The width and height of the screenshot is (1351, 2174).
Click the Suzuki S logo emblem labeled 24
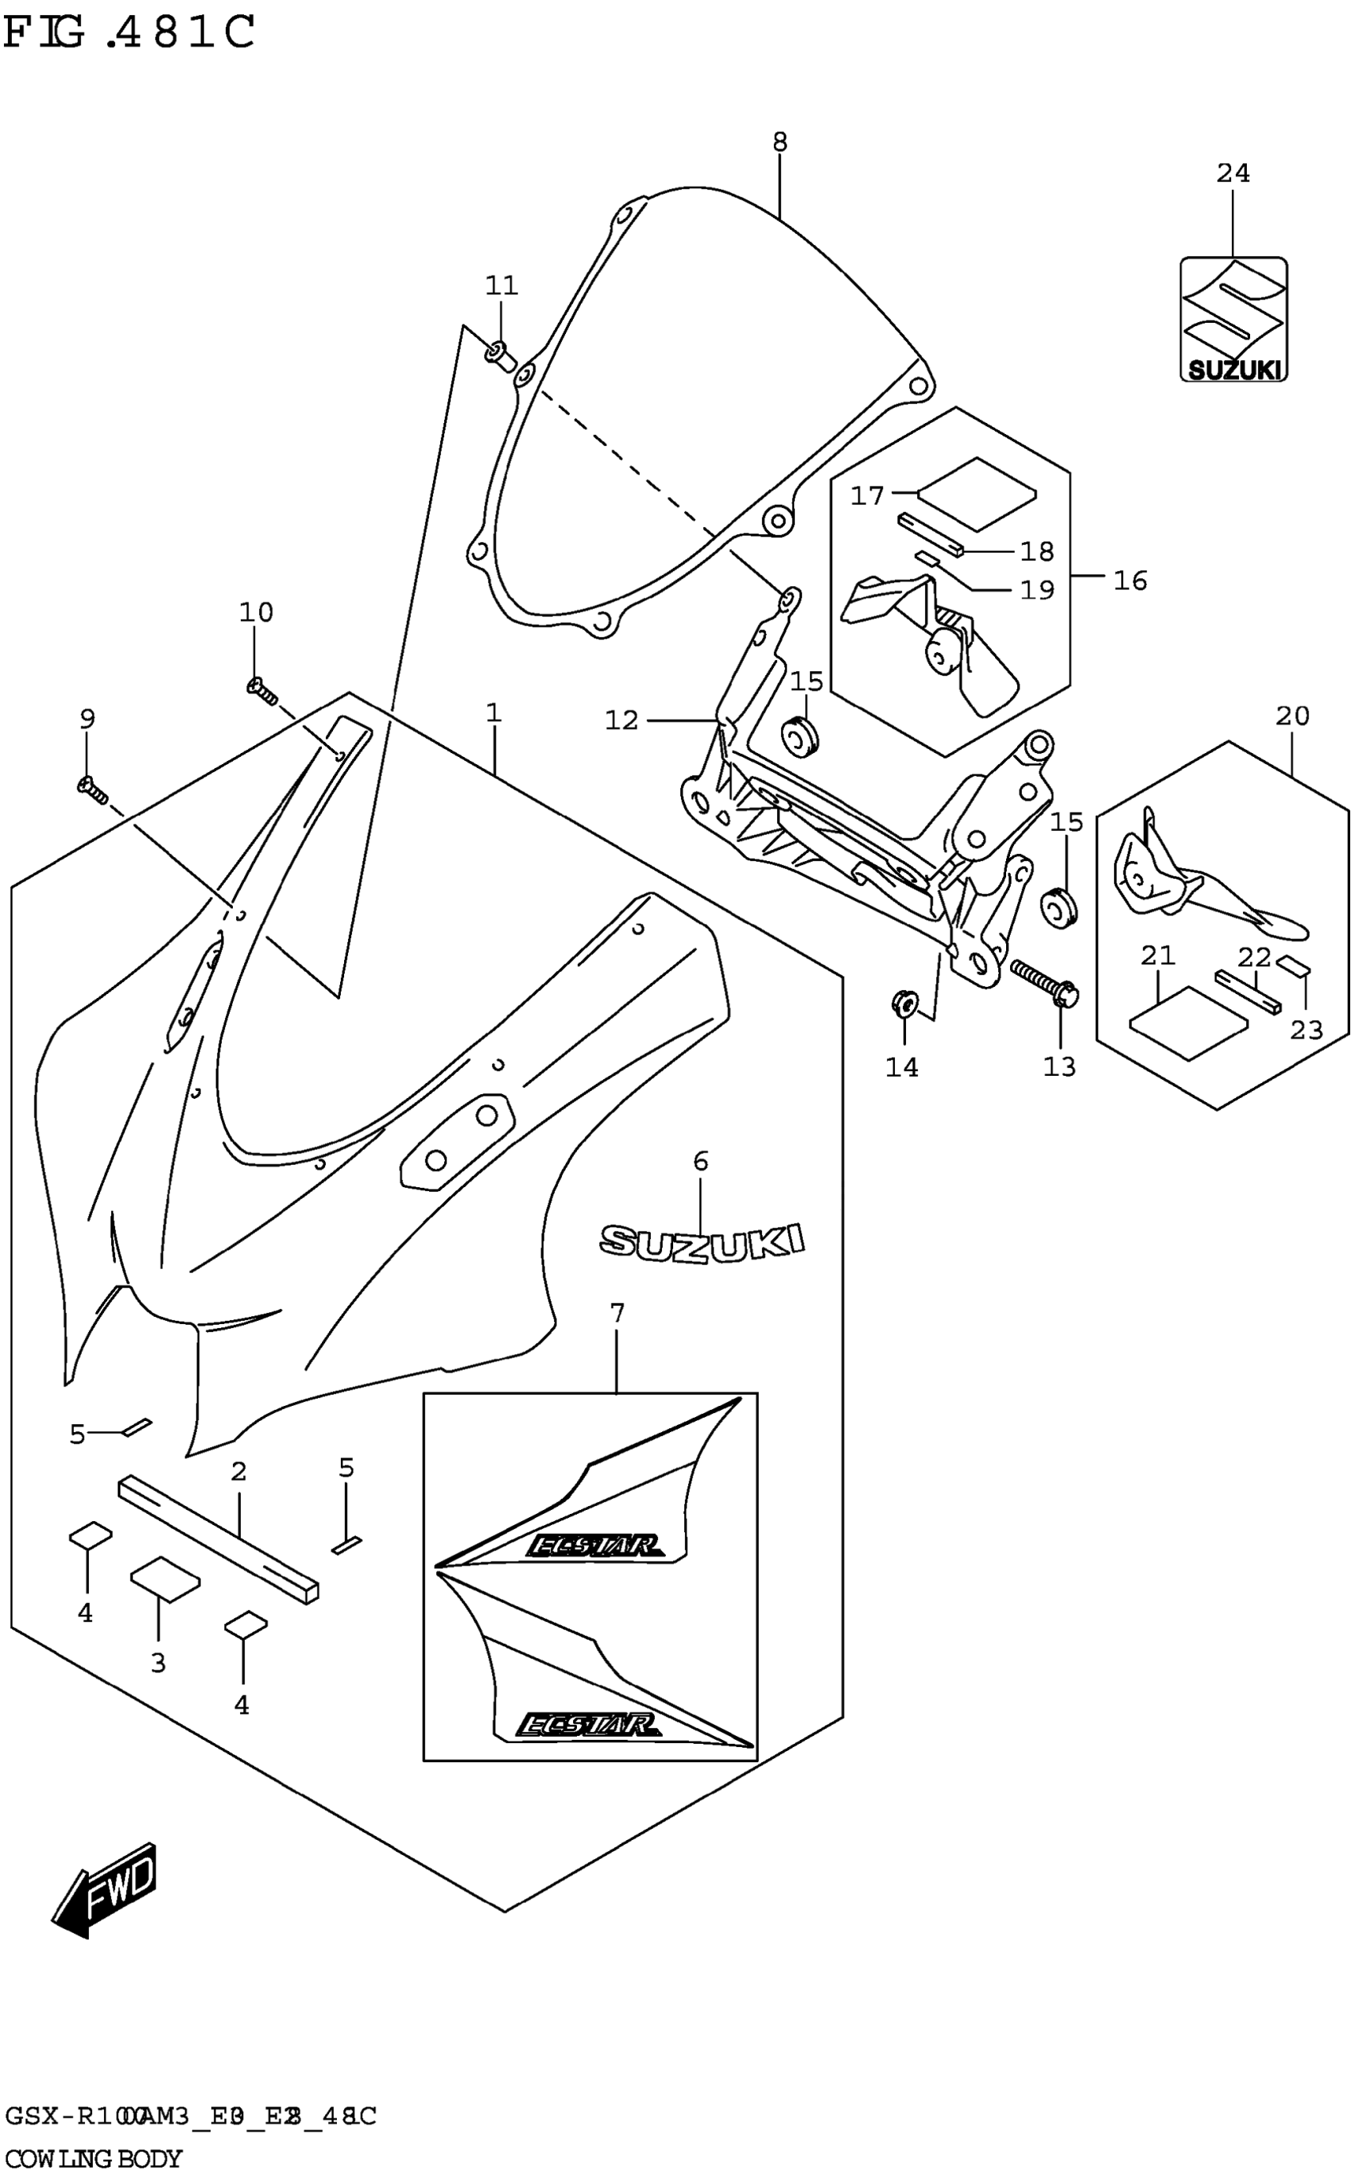pos(1233,319)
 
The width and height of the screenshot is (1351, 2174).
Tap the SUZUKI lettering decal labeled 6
pos(702,1241)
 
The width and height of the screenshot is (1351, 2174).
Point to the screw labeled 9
pos(93,790)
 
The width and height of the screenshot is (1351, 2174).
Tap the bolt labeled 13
pos(1045,981)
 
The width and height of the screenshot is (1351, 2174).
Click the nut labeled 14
pos(904,1004)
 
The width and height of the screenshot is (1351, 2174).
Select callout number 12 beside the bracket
pos(622,720)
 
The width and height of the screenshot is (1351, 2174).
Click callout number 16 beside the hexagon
pos(1129,581)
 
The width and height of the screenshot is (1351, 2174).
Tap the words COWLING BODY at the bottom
pos(93,2160)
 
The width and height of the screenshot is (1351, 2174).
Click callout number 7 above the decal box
pos(617,1313)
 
